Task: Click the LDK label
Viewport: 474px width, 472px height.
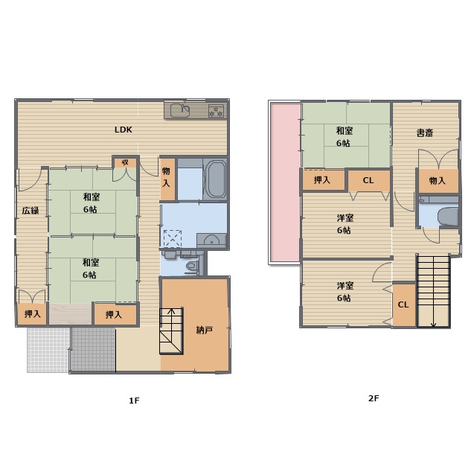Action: pos(124,130)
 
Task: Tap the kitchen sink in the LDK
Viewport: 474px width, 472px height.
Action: pos(181,110)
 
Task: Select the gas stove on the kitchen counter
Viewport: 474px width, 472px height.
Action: pos(216,111)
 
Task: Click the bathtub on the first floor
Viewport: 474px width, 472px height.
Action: pos(215,179)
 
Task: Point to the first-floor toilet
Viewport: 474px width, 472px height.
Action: pos(192,266)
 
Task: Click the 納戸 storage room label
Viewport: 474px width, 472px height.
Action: pos(205,331)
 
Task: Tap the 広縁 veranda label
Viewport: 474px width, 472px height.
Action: pos(31,211)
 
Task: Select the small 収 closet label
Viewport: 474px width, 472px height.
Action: pos(125,162)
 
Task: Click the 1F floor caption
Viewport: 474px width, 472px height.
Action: pos(134,401)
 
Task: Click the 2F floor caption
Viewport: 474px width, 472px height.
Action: pos(374,398)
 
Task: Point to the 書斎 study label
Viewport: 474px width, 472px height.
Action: pos(425,133)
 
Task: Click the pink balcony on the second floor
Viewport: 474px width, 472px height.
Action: pos(285,183)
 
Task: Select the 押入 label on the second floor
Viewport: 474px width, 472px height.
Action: pos(322,180)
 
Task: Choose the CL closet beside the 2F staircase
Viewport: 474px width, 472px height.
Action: pos(403,304)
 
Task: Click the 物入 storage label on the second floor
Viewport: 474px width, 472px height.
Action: pos(438,181)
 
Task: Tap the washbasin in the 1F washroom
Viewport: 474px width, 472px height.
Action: pos(211,240)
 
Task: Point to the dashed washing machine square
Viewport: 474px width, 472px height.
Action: pos(173,238)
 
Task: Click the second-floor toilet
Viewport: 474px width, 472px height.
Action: pos(447,217)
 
